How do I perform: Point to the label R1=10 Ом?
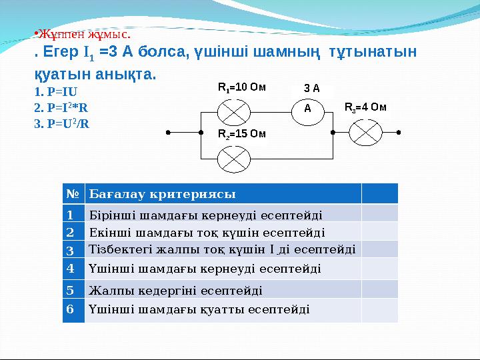pyautogui.click(x=242, y=87)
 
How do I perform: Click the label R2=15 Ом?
pyautogui.click(x=242, y=134)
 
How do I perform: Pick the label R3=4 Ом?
pyautogui.click(x=365, y=107)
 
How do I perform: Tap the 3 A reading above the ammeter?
pyautogui.click(x=312, y=88)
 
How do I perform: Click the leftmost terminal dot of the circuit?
pyautogui.click(x=169, y=132)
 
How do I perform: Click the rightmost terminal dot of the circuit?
pyautogui.click(x=398, y=132)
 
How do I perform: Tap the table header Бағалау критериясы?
pyautogui.click(x=162, y=194)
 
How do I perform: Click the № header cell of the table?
pyautogui.click(x=73, y=194)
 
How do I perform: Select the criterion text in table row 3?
pyautogui.click(x=221, y=249)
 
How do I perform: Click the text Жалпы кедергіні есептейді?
pyautogui.click(x=175, y=290)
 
